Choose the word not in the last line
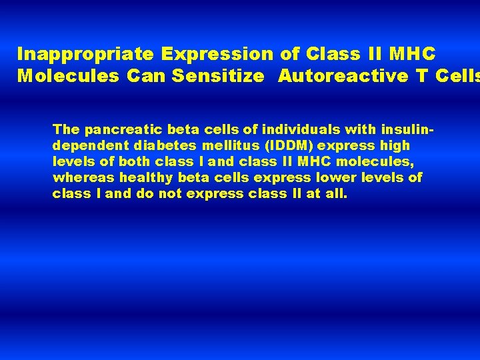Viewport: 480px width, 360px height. (x=170, y=194)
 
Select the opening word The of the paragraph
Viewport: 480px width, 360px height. (x=66, y=129)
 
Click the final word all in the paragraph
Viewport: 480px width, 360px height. (x=337, y=194)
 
